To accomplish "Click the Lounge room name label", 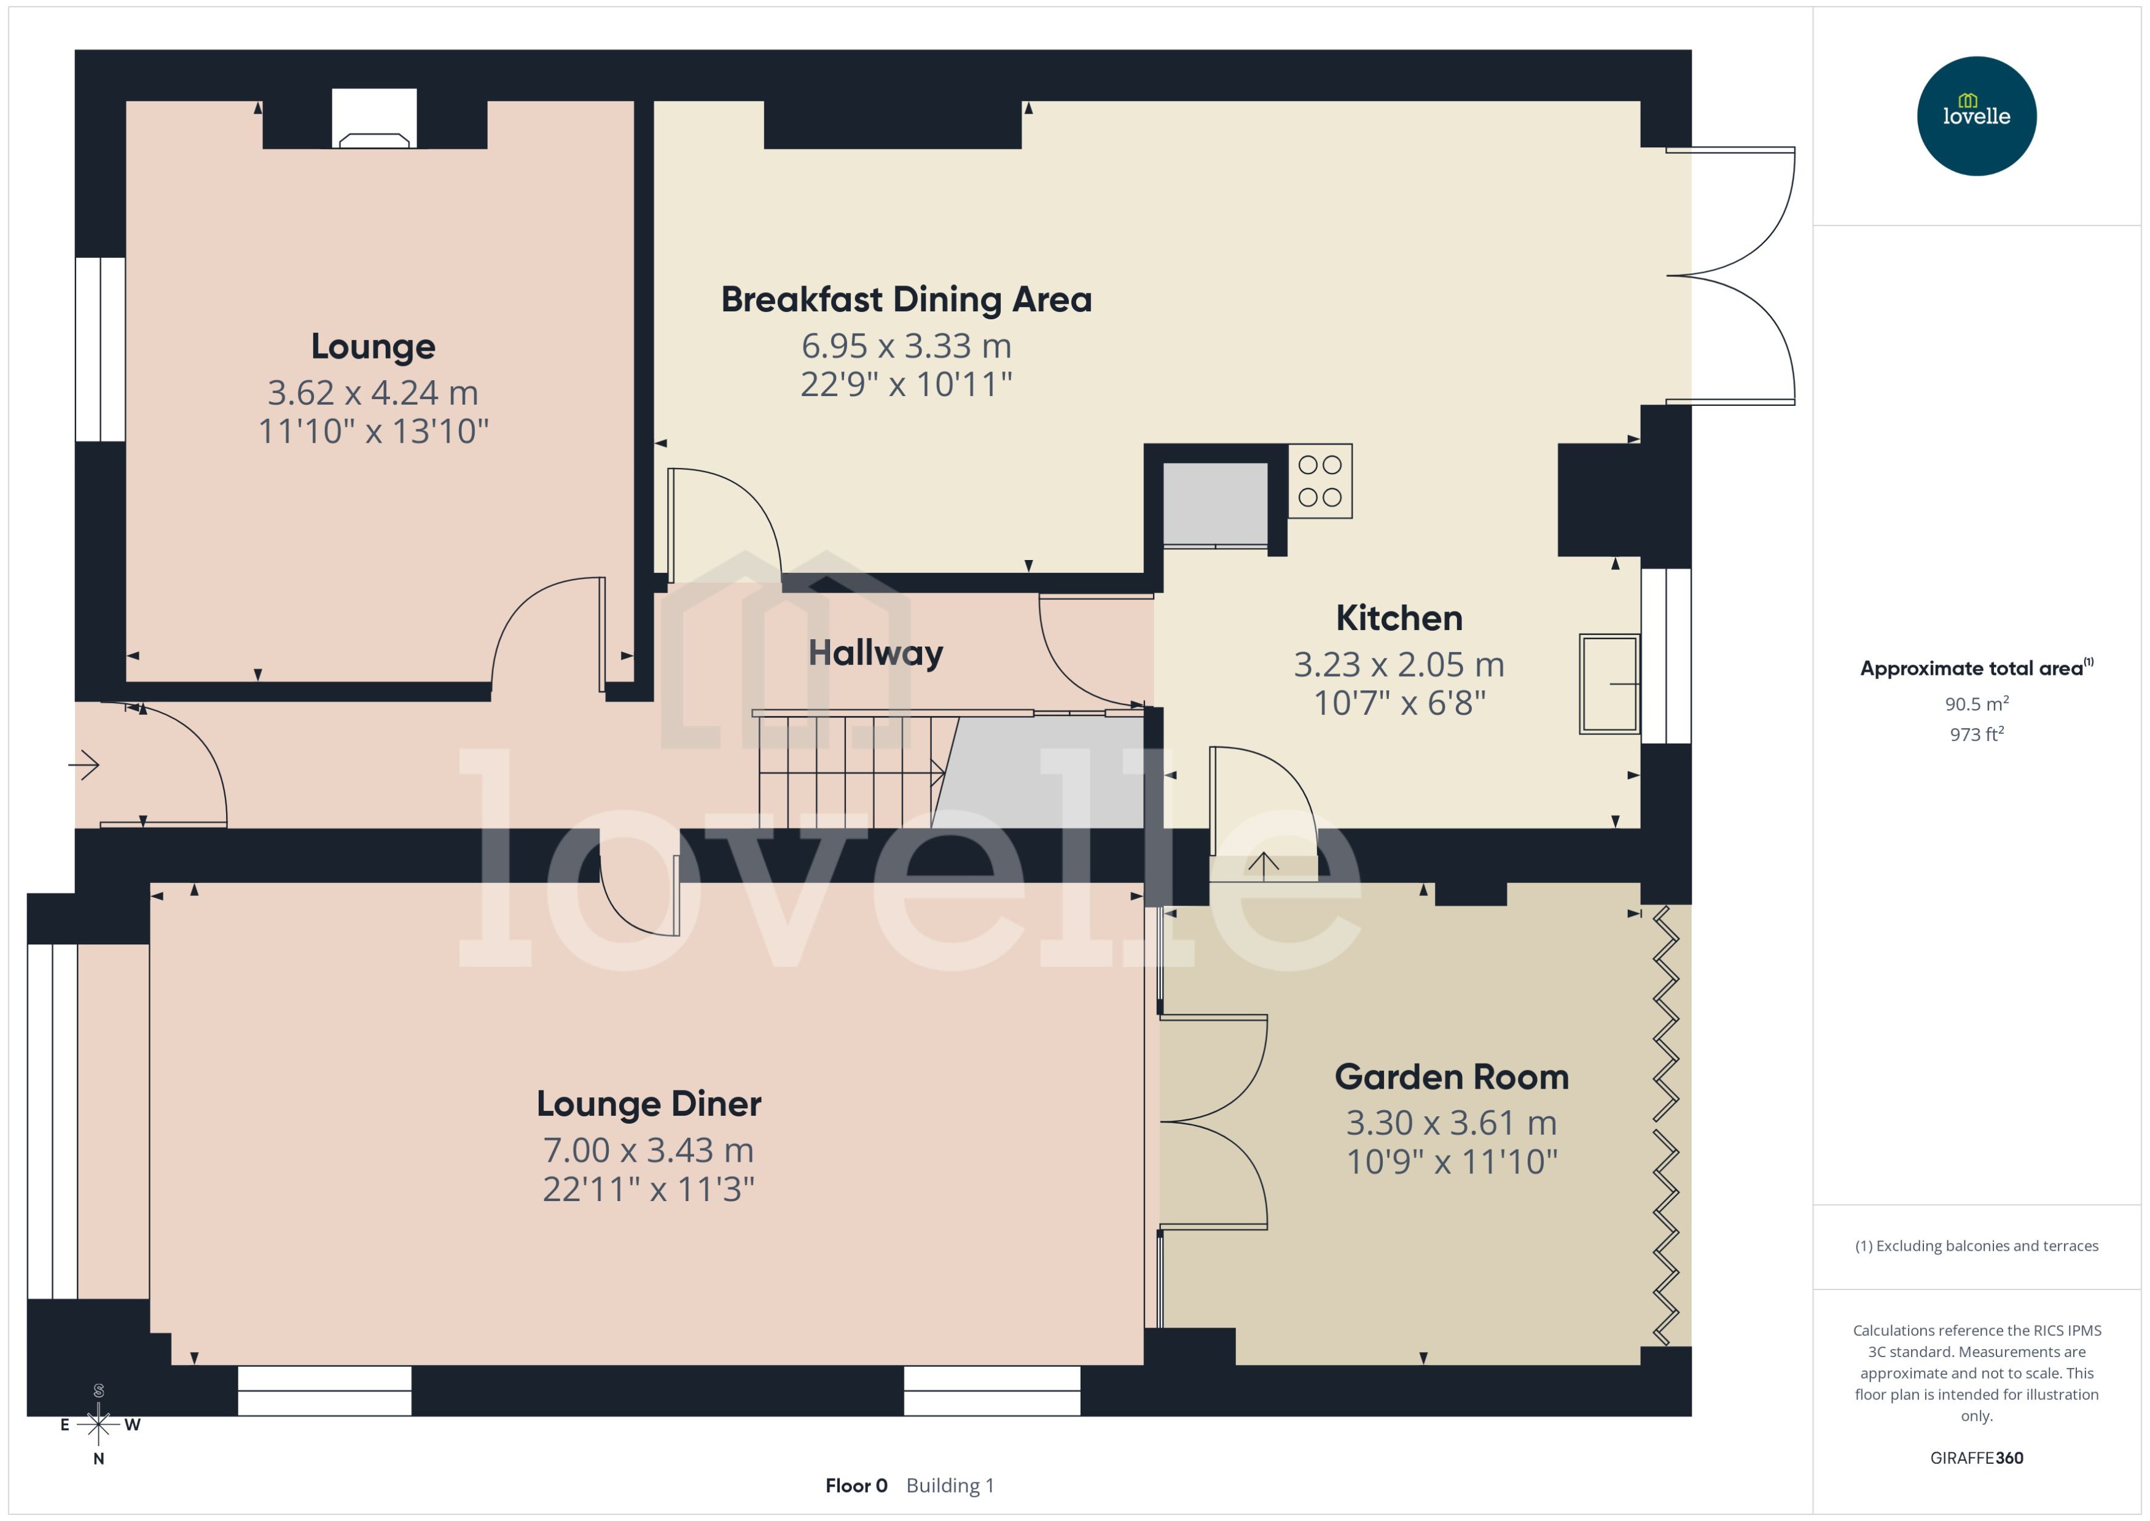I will point(373,346).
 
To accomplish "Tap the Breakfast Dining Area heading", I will point(906,300).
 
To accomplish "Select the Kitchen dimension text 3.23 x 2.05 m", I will point(1399,665).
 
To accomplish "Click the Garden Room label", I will point(1451,1077).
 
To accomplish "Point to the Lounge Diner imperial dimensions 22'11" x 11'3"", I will point(648,1189).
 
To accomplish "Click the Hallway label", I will point(875,653).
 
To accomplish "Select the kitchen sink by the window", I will point(1609,683).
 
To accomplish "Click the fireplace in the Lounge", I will point(373,120).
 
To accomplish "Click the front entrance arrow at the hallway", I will point(84,765).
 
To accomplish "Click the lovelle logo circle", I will point(1976,116).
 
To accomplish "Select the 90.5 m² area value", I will point(1976,703).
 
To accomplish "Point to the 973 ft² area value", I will point(1976,734).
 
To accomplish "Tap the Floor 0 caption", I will point(855,1485).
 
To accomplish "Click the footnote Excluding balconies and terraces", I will point(1976,1246).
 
